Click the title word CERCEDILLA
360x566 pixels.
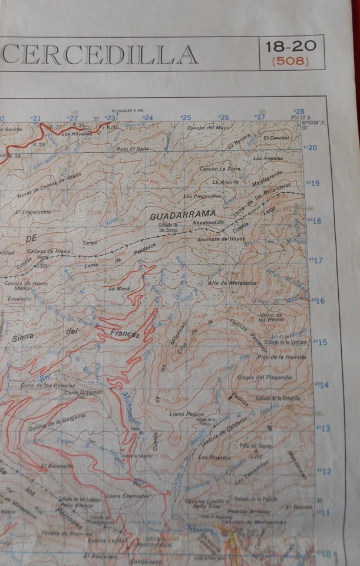[x=100, y=54]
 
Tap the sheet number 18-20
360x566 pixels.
[x=290, y=46]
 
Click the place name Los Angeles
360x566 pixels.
[x=268, y=158]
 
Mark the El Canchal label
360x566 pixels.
[x=276, y=137]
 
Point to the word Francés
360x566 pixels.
[x=125, y=334]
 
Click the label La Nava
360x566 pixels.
[x=118, y=288]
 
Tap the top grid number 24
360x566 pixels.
[x=148, y=118]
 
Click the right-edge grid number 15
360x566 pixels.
[x=323, y=342]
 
